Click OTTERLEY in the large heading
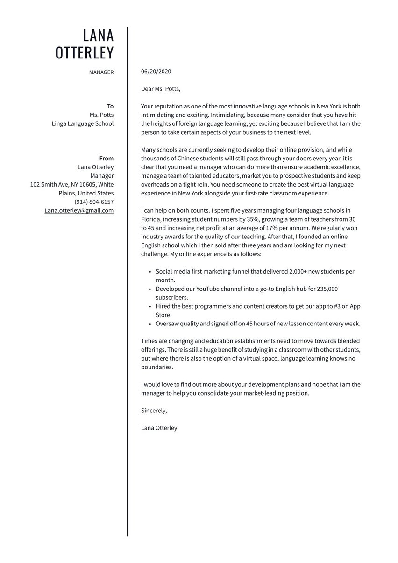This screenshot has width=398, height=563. pos(85,53)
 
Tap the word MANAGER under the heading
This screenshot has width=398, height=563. pos(101,72)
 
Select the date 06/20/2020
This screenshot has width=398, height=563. pos(156,72)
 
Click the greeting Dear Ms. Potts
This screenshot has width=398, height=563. pos(160,89)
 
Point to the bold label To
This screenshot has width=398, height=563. pos(110,106)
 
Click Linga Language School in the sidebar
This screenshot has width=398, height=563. pos(83,123)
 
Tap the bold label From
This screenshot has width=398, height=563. pos(107,159)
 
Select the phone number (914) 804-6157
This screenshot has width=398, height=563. pos(94,202)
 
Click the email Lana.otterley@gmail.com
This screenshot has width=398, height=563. pos(79,210)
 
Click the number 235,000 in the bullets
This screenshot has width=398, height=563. pos(327,289)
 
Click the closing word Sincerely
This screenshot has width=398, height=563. pos(154,411)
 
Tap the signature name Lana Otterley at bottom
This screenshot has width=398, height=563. pos(159,428)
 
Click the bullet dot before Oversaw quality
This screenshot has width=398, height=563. pos(149,324)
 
